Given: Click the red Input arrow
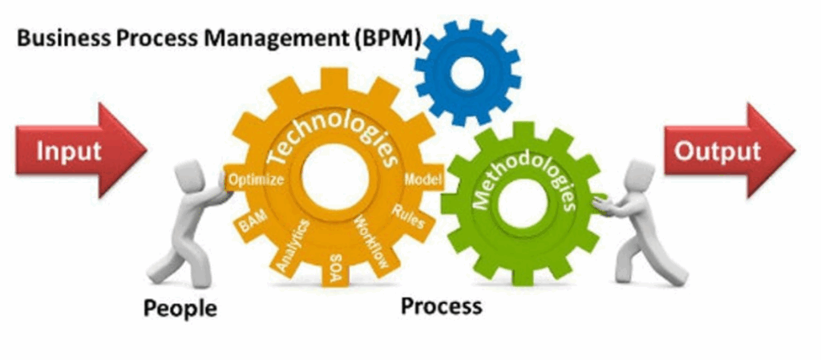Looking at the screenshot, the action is (x=81, y=150).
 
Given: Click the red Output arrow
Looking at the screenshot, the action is (x=730, y=150).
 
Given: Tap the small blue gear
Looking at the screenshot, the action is (x=467, y=73).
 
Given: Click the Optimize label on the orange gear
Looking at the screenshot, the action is (x=257, y=180).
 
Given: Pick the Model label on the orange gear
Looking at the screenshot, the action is (x=423, y=180).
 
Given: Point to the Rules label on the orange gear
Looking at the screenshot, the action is (x=408, y=216).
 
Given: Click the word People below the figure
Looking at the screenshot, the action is (x=180, y=308).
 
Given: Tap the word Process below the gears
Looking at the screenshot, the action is (x=442, y=306).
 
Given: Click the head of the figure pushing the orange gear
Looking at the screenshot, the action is (x=188, y=176).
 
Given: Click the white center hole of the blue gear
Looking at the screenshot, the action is (x=467, y=70).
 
